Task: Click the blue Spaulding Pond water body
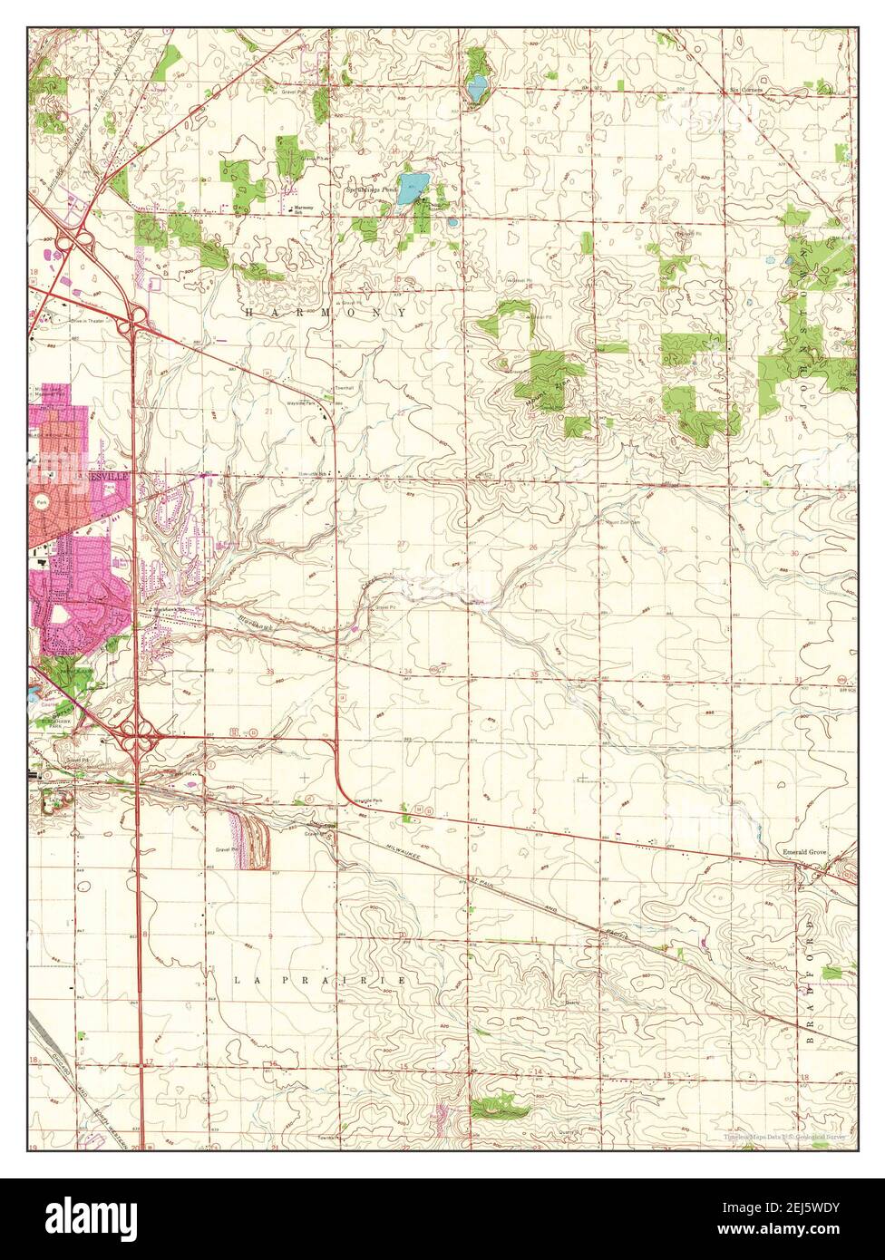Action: [413, 189]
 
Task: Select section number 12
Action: [659, 158]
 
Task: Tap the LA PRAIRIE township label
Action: [316, 981]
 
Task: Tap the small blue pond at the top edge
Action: [476, 90]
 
